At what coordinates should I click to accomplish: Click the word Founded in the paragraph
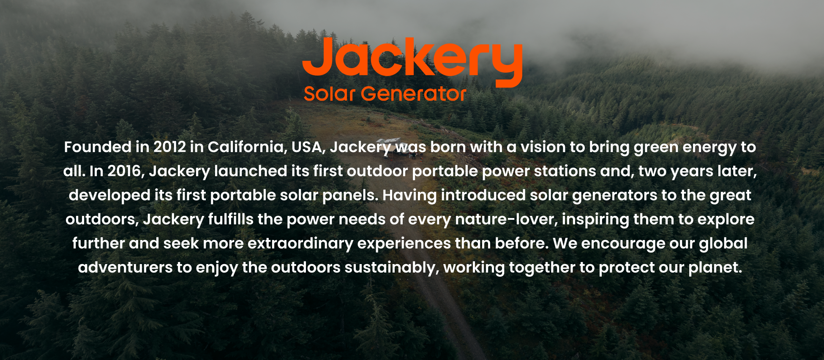click(x=98, y=147)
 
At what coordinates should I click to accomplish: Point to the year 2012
click(x=169, y=147)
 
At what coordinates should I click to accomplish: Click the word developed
click(x=109, y=196)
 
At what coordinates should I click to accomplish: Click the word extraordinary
click(x=300, y=244)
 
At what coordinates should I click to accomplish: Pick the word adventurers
click(x=125, y=268)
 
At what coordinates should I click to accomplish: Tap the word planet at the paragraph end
click(x=715, y=268)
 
